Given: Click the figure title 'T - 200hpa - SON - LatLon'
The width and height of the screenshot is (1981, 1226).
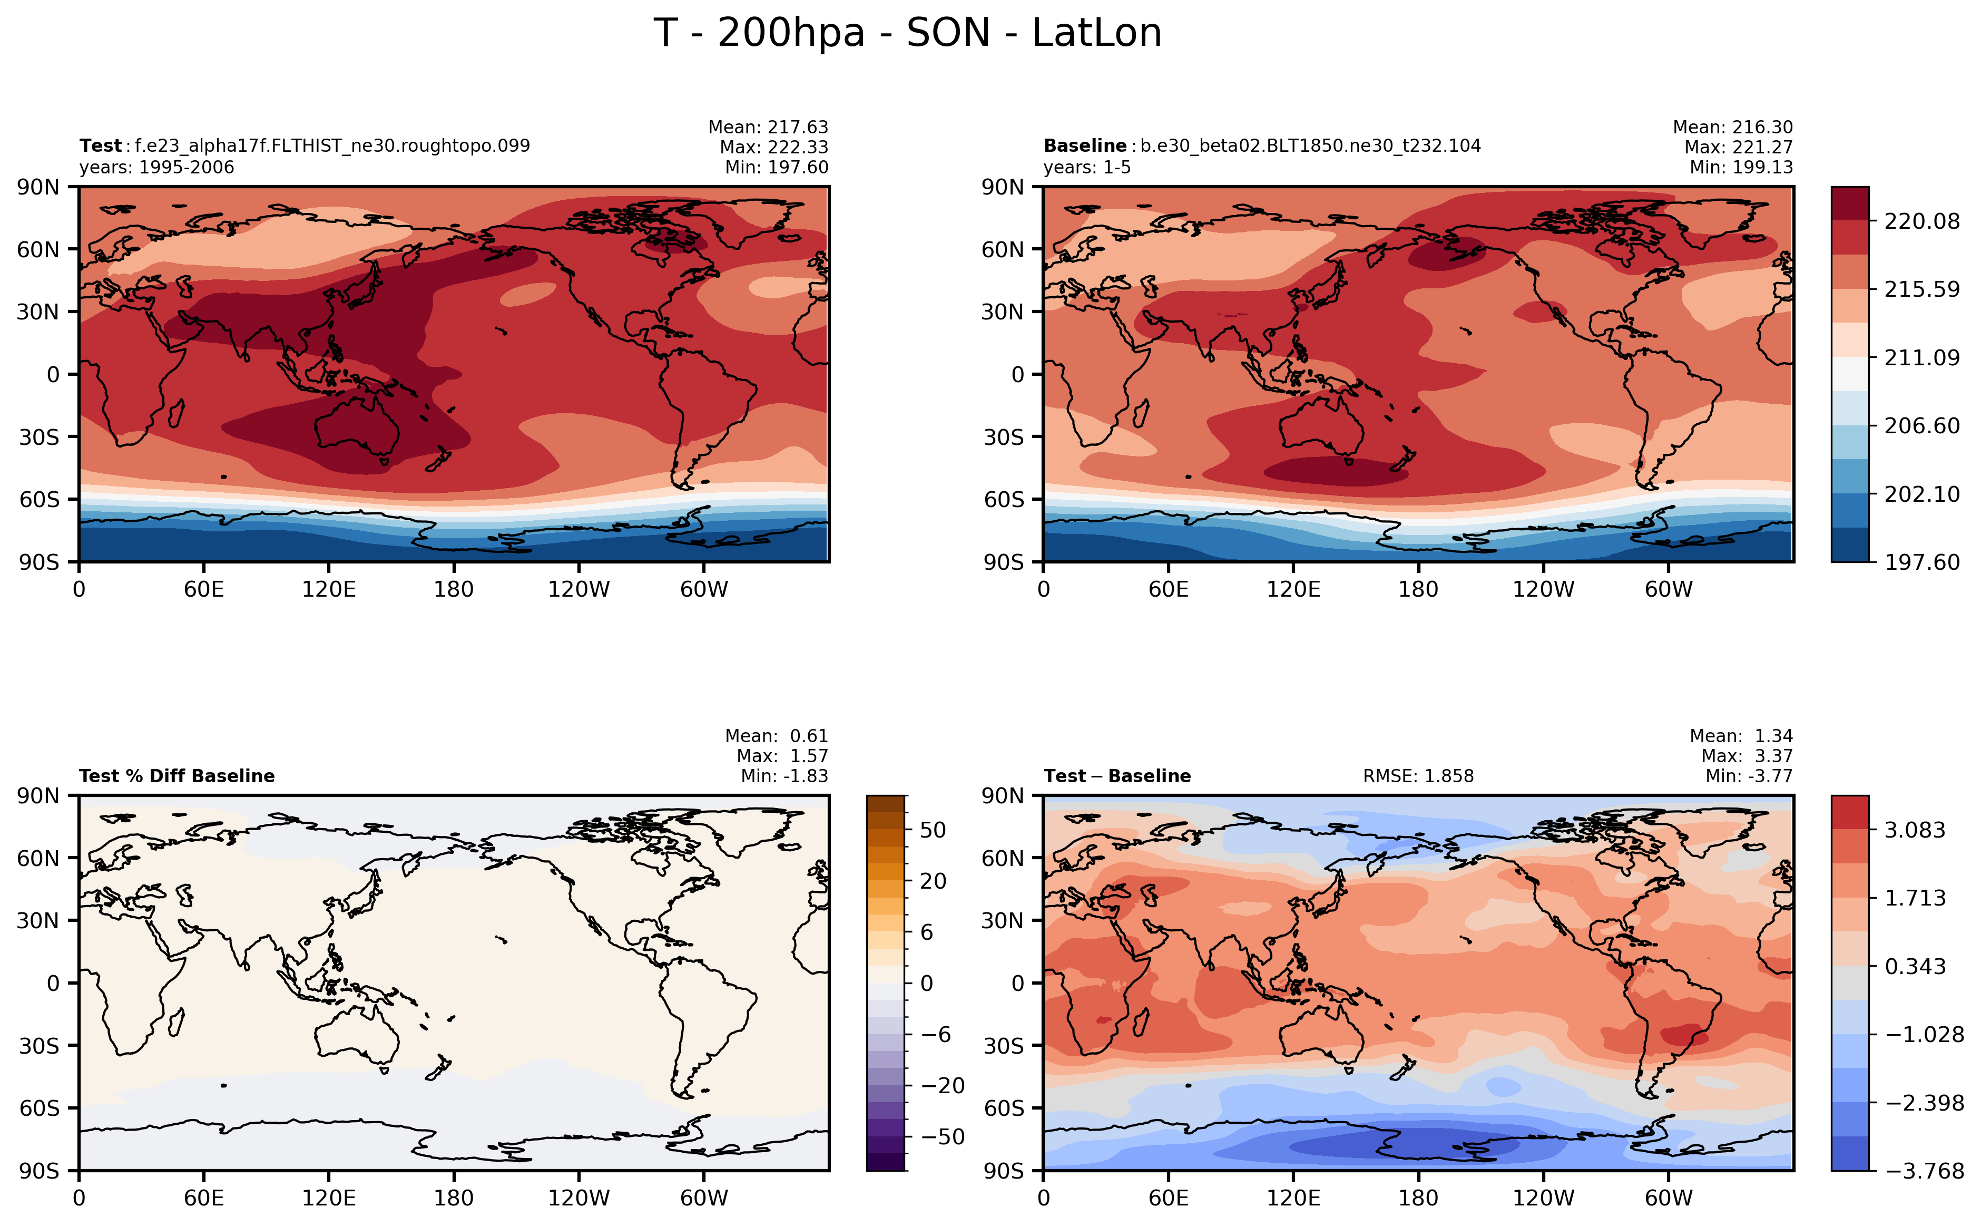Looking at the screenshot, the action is coord(908,33).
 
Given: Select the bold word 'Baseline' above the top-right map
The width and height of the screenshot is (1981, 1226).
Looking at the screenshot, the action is coord(1084,146).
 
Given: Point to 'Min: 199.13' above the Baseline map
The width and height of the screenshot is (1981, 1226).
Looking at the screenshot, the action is coord(1741,168).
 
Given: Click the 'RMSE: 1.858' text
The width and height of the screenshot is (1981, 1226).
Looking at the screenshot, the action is coord(1418,776).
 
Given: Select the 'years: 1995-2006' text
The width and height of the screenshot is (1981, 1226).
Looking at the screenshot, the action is coord(156,168).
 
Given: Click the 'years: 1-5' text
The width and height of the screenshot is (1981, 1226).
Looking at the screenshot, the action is coord(1087,168).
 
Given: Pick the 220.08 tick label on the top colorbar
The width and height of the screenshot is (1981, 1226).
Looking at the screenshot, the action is coord(1922,221).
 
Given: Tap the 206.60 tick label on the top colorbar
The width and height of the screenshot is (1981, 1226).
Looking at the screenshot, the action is coord(1922,426).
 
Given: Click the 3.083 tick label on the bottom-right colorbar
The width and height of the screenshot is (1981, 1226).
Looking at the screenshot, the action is coord(1915,830).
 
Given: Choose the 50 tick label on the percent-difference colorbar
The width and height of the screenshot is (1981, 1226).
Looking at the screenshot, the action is coord(933,830).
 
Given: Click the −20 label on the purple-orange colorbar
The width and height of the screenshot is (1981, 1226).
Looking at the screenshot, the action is coord(943,1086).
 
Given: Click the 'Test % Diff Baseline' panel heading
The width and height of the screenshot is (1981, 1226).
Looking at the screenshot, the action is coord(176,776).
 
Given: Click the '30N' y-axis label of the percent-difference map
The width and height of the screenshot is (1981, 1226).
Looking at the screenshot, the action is coord(38,920).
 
